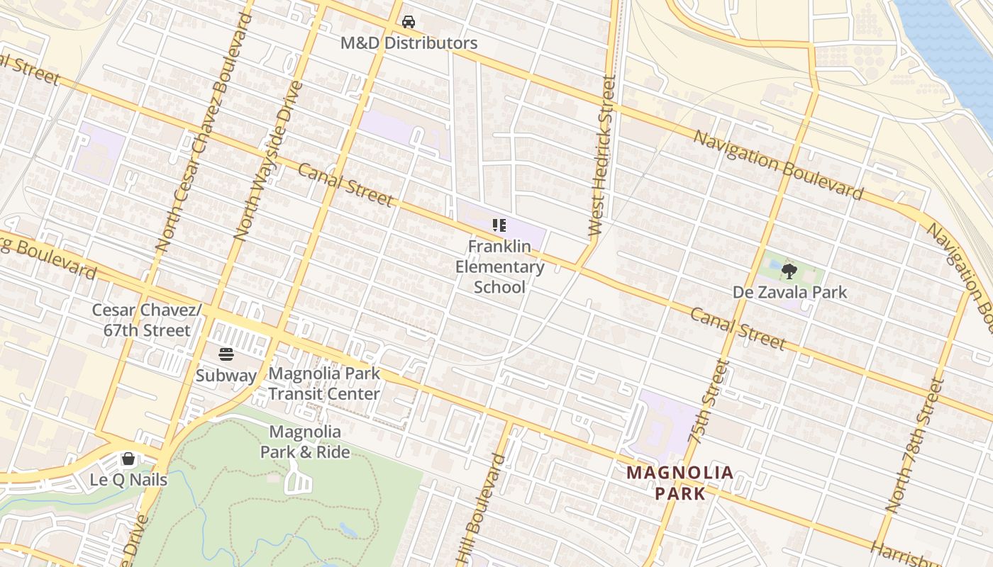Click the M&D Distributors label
coord(409,43)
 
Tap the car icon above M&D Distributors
coord(409,22)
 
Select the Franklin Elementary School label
coord(499,266)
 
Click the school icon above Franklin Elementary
coord(499,226)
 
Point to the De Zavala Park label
coord(789,292)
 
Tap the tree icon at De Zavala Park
coord(789,271)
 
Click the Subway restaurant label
coord(226,375)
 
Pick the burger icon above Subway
coord(226,354)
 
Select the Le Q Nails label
coord(128,480)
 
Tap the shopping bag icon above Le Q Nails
coord(128,459)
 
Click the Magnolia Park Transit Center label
coord(324,383)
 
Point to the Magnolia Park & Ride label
coord(305,442)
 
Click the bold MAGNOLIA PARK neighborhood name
coord(679,483)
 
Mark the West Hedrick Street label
coord(603,156)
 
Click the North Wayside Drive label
coord(269,160)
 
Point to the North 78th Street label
coord(916,445)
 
